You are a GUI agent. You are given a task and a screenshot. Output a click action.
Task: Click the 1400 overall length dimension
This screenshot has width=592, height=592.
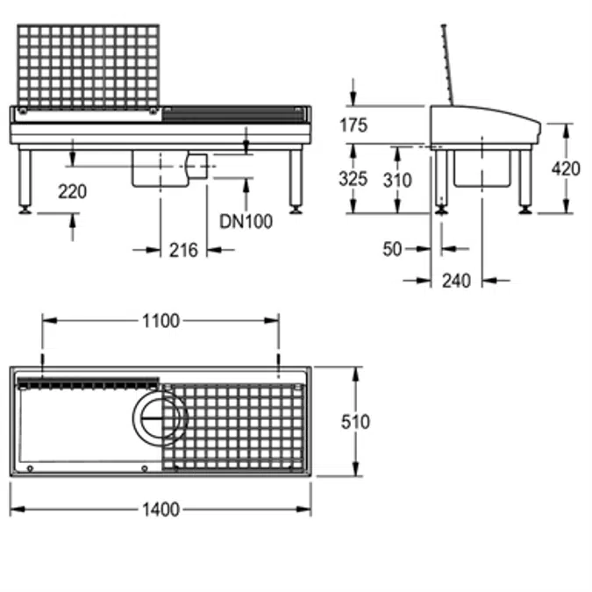point(160,510)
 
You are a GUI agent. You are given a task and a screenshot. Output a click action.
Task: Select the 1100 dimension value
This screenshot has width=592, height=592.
point(160,321)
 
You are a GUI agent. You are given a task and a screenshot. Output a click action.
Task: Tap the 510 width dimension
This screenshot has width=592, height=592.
point(355,422)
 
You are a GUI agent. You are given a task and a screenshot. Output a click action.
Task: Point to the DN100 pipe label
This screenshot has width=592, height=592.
point(246,222)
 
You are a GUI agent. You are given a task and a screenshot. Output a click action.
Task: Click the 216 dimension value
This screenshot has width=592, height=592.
point(183,251)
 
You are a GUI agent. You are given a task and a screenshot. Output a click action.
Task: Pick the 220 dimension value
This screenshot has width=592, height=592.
point(73,191)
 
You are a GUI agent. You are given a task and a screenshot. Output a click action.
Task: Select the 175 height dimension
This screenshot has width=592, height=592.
point(353,125)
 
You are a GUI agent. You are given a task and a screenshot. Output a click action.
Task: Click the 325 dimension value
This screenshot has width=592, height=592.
point(353,180)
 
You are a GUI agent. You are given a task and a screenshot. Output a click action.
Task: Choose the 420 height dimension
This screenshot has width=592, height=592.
point(567,168)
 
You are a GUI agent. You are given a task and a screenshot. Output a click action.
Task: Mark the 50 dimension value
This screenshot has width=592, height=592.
point(392,250)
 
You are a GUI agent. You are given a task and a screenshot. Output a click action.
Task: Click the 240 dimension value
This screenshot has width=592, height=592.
point(456,281)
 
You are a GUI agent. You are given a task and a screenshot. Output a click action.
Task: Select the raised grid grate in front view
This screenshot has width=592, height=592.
point(89,67)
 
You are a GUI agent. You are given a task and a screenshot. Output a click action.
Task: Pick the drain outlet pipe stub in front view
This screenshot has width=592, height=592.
point(199,166)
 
